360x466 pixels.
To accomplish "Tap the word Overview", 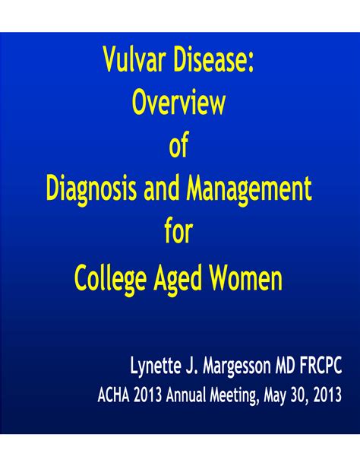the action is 178,103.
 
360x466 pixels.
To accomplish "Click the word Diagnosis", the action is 92,190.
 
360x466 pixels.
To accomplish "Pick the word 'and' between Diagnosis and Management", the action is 162,189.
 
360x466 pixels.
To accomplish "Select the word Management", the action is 249,190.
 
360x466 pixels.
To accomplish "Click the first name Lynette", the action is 156,366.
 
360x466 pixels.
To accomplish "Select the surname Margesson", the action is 237,366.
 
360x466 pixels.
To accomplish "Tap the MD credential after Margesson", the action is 286,365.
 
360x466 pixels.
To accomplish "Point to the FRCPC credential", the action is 321,365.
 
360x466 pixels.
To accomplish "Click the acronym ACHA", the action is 113,395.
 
